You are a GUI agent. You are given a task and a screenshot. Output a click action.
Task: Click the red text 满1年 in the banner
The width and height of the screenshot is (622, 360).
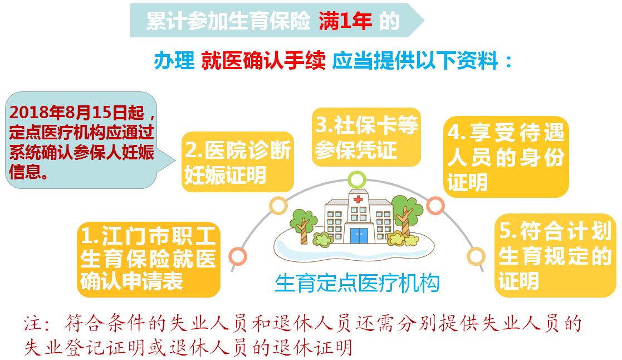tap(345, 21)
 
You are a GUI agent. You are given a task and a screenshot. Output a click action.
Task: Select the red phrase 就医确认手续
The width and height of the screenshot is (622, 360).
tap(263, 61)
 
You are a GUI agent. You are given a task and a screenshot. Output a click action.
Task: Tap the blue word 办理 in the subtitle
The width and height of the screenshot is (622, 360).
tap(174, 61)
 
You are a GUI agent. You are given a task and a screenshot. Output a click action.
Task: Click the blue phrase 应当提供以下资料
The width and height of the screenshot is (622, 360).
tap(414, 61)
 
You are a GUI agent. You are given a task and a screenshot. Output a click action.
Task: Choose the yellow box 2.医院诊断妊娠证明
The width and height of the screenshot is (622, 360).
tap(238, 162)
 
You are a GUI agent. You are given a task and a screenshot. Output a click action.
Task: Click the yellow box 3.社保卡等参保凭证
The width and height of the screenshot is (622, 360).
tap(366, 137)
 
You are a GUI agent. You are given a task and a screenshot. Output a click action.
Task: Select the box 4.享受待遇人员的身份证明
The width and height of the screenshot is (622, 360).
tap(506, 157)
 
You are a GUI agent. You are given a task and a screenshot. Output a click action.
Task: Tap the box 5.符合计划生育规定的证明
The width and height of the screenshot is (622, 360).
tap(555, 255)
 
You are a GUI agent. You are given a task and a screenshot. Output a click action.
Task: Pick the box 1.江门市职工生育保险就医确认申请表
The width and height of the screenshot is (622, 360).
tap(148, 259)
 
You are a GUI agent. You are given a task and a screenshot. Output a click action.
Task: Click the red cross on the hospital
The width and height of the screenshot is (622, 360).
tap(358, 200)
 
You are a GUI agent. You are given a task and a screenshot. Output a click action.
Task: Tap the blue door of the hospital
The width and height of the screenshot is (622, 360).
tap(359, 235)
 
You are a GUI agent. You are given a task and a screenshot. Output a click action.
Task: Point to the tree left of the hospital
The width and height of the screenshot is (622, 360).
tap(303, 226)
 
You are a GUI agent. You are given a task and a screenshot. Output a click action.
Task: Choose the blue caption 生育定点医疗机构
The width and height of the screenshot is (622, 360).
tap(357, 284)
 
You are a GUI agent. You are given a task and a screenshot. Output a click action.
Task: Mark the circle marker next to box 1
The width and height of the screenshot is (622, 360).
tap(238, 256)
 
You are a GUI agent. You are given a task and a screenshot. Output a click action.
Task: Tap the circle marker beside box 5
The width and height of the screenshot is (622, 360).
tap(476, 256)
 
